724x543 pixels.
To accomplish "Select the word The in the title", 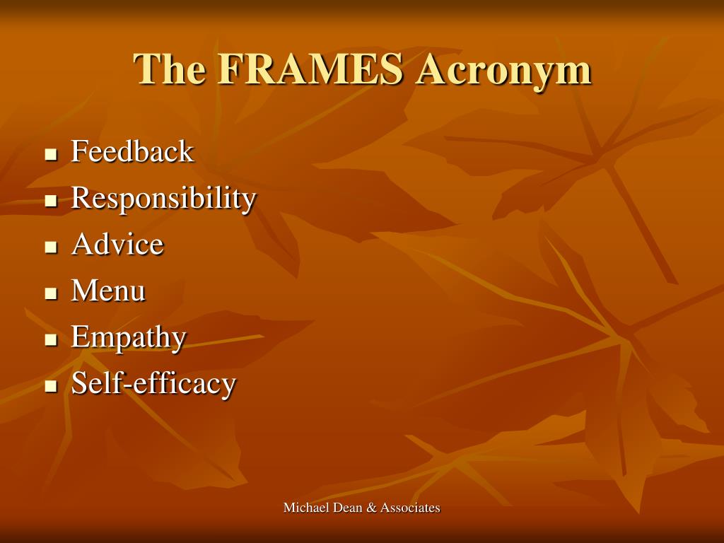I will click(170, 70).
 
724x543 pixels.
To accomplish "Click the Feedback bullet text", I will click(132, 151).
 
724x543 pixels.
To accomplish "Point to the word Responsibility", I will click(163, 199).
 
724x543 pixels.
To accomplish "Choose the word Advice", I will click(117, 245).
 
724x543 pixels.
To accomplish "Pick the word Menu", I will click(108, 291).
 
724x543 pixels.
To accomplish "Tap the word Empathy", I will click(129, 338).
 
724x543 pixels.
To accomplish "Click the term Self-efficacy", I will click(153, 383).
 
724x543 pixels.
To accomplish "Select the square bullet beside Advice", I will click(50, 247).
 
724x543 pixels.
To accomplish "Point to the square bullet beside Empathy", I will click(50, 340).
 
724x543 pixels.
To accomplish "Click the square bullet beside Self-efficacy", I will click(50, 387).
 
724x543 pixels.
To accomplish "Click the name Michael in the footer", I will click(303, 508).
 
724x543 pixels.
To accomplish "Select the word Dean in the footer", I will click(344, 508).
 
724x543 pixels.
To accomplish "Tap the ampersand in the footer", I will click(370, 508).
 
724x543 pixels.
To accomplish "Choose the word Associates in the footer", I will click(410, 508).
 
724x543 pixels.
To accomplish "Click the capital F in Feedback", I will click(77, 151).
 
